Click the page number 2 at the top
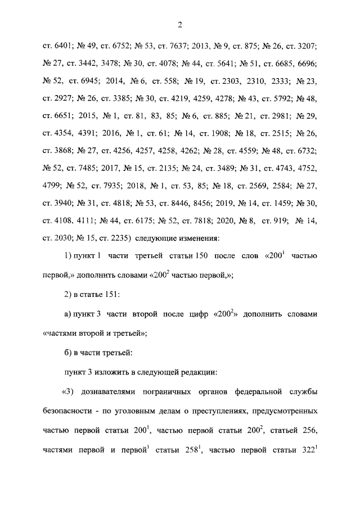click(179, 23)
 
